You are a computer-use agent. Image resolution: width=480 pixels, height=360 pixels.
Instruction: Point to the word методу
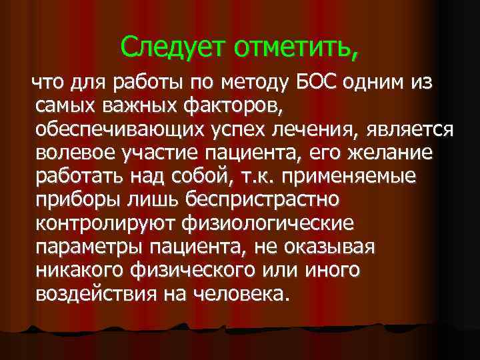point(261,83)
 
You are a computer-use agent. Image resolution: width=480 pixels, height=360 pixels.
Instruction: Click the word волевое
point(79,153)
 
